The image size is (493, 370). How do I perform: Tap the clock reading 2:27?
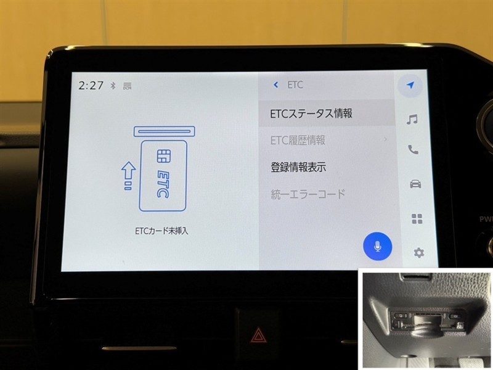(x=91, y=85)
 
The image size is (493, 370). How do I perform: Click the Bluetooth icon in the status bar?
(x=113, y=85)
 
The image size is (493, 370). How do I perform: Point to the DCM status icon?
(x=128, y=86)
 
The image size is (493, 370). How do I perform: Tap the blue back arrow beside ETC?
(x=275, y=84)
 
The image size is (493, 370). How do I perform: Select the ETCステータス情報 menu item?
(x=311, y=113)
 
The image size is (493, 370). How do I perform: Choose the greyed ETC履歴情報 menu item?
(x=298, y=141)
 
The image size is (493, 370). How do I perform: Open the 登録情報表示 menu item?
(x=298, y=167)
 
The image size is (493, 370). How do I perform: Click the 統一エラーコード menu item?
(x=308, y=194)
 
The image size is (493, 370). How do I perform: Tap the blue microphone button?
(x=378, y=246)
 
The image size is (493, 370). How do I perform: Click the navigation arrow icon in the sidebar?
(x=410, y=85)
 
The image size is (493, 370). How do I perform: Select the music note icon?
(x=412, y=120)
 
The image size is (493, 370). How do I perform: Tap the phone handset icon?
(x=413, y=150)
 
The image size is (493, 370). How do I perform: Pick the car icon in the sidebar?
(x=415, y=184)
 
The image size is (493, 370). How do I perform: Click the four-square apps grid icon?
(x=417, y=219)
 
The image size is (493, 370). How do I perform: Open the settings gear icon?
(x=418, y=253)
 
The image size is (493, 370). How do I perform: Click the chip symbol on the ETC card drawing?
(x=163, y=156)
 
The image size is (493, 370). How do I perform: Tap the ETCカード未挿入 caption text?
(x=161, y=231)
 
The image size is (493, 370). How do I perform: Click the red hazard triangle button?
(x=258, y=335)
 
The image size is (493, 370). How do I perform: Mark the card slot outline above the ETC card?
(x=164, y=131)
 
